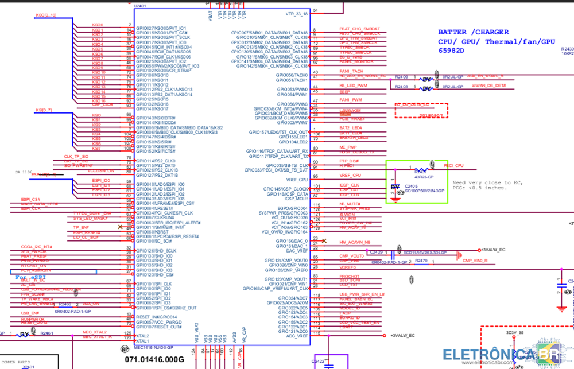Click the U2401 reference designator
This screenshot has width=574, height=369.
tap(139, 6)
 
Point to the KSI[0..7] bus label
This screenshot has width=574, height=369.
tap(44, 110)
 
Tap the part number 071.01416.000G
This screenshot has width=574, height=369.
tap(154, 359)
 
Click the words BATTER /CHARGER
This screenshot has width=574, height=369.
tap(472, 32)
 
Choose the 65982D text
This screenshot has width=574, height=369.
tap(451, 51)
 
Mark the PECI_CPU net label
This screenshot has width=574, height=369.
tap(453, 165)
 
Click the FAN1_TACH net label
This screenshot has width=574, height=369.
tap(351, 71)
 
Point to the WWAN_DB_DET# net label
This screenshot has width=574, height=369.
tap(488, 86)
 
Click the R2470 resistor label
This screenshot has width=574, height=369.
tap(421, 261)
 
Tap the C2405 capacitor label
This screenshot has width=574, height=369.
tap(412, 186)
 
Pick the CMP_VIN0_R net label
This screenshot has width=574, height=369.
tap(475, 261)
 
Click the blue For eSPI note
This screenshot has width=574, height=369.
tap(30, 277)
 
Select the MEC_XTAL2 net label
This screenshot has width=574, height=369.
tap(95, 332)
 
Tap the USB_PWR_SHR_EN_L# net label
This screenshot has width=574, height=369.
tap(362, 294)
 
